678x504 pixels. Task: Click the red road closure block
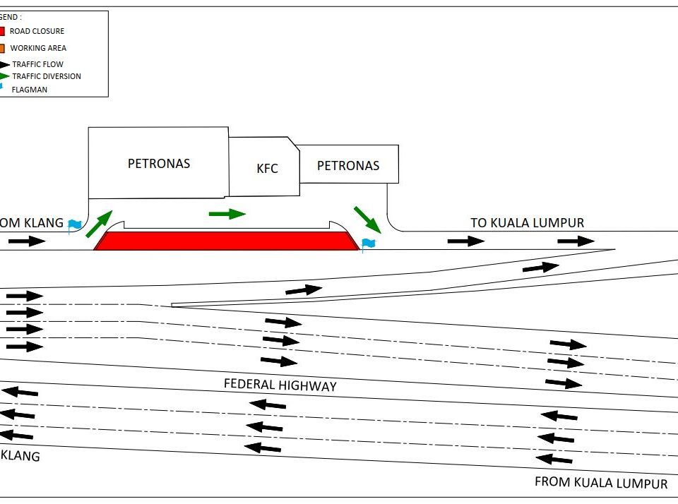(x=226, y=241)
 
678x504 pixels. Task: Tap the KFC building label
(x=267, y=169)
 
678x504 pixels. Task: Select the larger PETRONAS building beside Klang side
(x=158, y=163)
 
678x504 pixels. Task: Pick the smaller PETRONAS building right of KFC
(x=348, y=166)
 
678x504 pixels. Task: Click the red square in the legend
(x=2, y=31)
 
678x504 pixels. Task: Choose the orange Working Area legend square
(x=2, y=48)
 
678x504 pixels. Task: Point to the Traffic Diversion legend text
(x=47, y=76)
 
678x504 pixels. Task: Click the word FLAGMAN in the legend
(x=30, y=90)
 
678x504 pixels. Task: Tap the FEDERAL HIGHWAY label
(x=280, y=385)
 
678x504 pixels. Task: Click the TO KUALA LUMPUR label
(x=528, y=223)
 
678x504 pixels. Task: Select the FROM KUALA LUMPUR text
(x=601, y=484)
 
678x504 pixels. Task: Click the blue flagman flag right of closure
(x=368, y=244)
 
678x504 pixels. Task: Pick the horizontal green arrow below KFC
(x=227, y=213)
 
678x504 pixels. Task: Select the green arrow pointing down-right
(x=367, y=219)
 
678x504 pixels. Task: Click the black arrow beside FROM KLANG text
(x=27, y=241)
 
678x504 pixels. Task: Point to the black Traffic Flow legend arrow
(x=4, y=64)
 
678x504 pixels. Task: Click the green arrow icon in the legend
(x=4, y=76)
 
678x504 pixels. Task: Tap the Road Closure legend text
(x=37, y=31)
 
